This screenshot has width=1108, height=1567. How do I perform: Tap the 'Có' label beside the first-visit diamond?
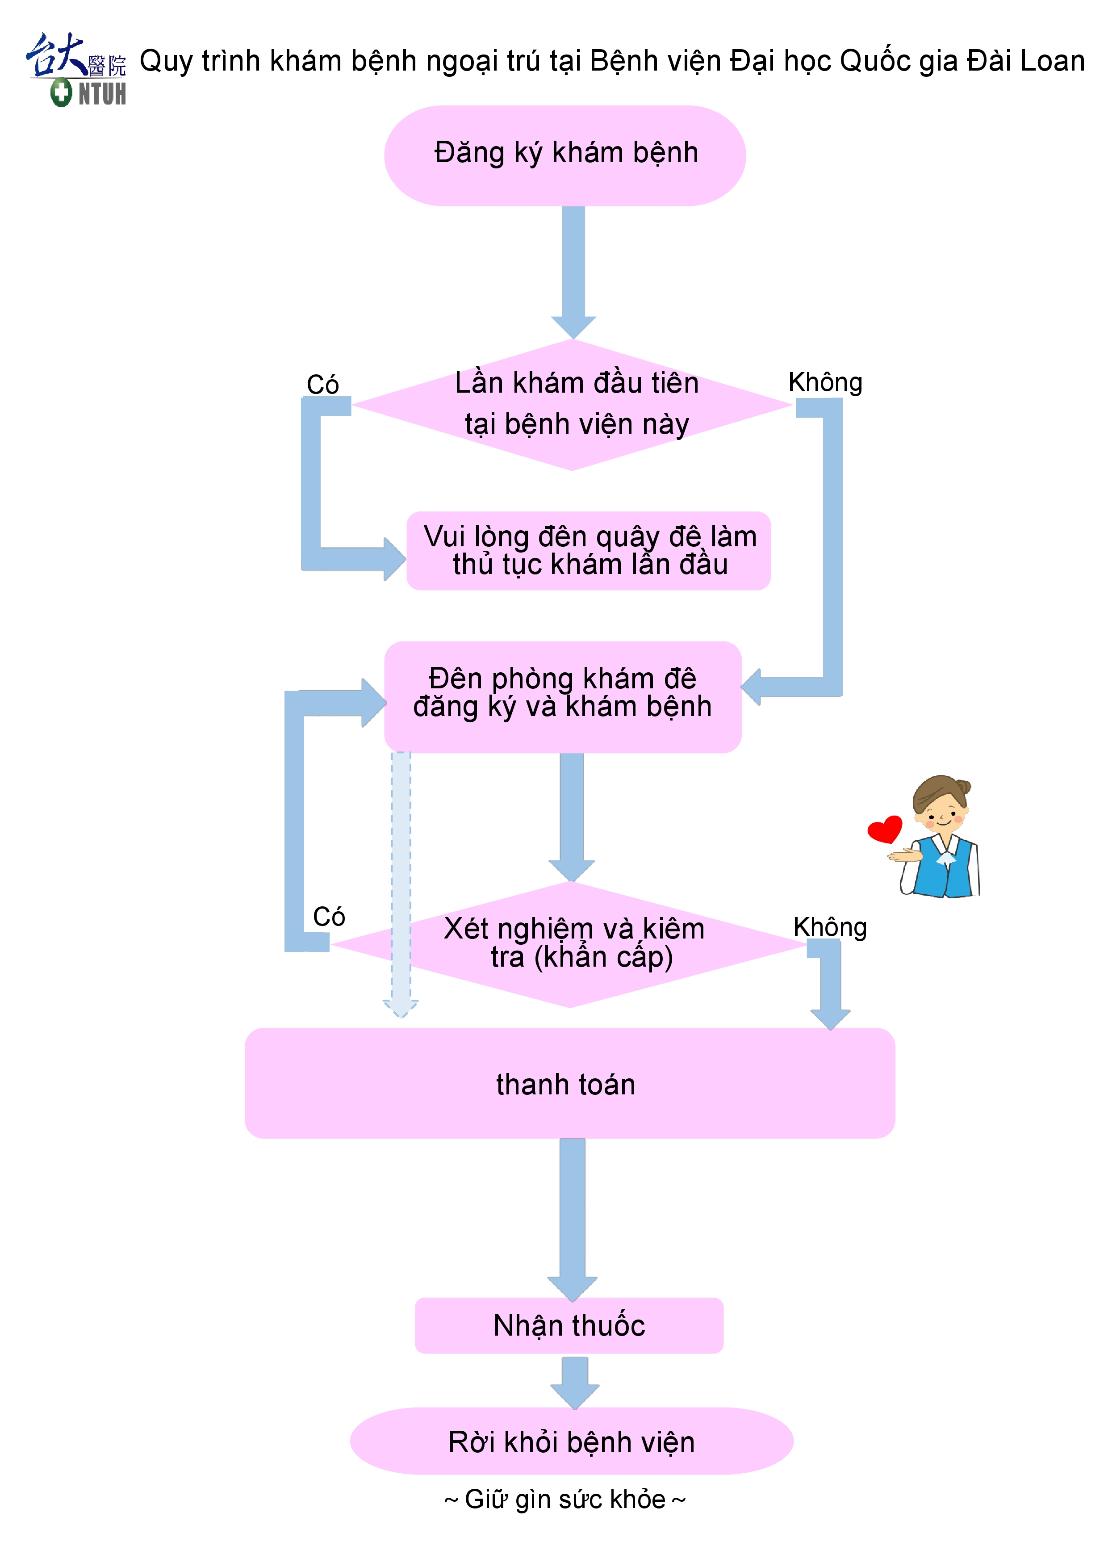[323, 384]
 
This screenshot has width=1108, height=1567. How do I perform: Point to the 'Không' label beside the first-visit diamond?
[825, 382]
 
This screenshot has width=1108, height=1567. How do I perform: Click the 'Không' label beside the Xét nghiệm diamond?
[830, 927]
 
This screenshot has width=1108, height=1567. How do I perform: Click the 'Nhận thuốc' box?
[569, 1325]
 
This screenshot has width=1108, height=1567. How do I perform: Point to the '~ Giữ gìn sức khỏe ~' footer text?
[565, 1499]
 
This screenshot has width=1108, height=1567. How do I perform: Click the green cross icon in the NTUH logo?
[61, 92]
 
